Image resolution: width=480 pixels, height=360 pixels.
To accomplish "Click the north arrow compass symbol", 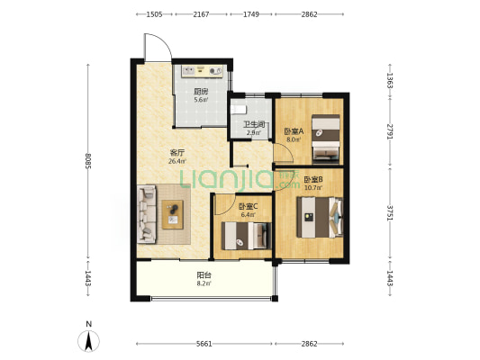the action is click(89, 341).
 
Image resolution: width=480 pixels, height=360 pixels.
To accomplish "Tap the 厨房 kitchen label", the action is click(201, 91).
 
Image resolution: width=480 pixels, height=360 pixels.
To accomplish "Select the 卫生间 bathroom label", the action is click(254, 124).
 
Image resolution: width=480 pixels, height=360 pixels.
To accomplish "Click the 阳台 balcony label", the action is click(204, 275).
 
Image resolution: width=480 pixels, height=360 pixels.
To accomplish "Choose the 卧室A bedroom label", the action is click(294, 131).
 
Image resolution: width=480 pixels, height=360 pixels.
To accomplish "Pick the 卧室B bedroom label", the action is click(313, 179).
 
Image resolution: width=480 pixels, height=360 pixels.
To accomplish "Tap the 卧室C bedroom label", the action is click(248, 206).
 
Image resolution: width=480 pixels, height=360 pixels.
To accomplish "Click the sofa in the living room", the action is click(147, 214).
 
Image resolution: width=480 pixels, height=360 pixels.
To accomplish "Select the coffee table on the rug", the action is click(173, 214).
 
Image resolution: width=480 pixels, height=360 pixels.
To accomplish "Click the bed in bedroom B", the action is click(320, 217).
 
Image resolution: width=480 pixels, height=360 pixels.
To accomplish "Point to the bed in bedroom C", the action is click(246, 236).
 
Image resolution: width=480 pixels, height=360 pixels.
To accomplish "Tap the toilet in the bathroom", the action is click(239, 109).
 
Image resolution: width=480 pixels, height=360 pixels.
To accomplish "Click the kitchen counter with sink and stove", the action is click(203, 71).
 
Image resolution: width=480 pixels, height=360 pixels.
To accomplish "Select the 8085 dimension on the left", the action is click(88, 160).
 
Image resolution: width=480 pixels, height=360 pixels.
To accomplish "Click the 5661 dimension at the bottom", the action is click(204, 344).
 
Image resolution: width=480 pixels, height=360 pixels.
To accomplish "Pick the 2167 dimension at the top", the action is click(201, 14).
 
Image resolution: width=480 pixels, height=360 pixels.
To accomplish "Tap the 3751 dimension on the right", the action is click(390, 212).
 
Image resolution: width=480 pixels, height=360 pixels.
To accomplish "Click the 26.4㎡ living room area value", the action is click(177, 161).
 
